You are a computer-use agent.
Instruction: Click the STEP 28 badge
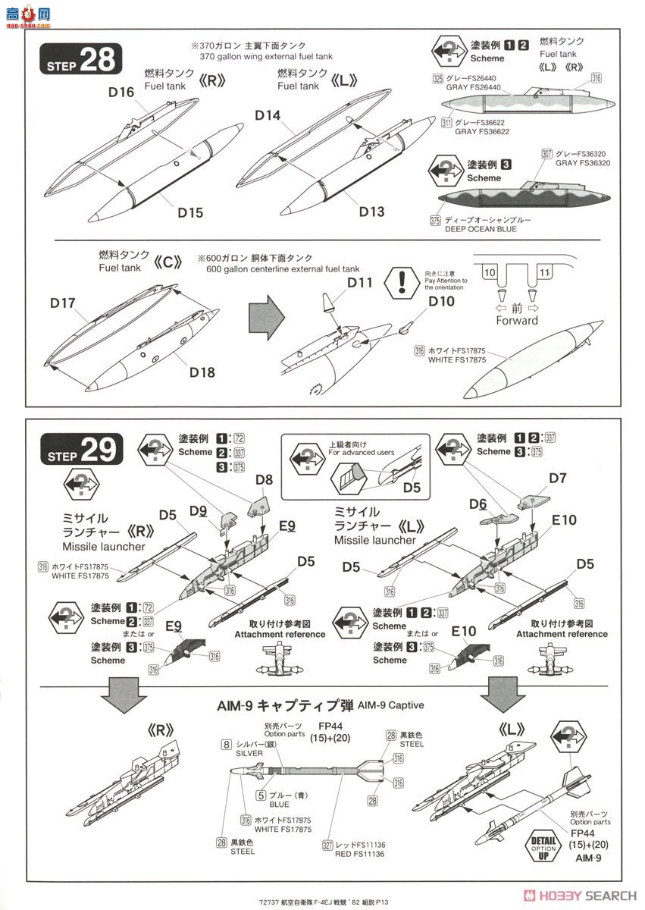pyautogui.click(x=80, y=61)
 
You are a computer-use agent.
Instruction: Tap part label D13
pyautogui.click(x=372, y=212)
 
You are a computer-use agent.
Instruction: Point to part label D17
pyautogui.click(x=64, y=303)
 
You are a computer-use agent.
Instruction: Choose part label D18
pyautogui.click(x=202, y=372)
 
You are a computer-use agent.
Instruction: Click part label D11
pyautogui.click(x=360, y=283)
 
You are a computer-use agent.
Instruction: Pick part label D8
pyautogui.click(x=264, y=479)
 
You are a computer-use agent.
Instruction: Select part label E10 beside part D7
pyautogui.click(x=564, y=520)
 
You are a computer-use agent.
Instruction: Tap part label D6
pyautogui.click(x=477, y=504)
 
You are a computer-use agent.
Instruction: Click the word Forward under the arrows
pyautogui.click(x=517, y=320)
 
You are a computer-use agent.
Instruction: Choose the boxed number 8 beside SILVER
pyautogui.click(x=226, y=745)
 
